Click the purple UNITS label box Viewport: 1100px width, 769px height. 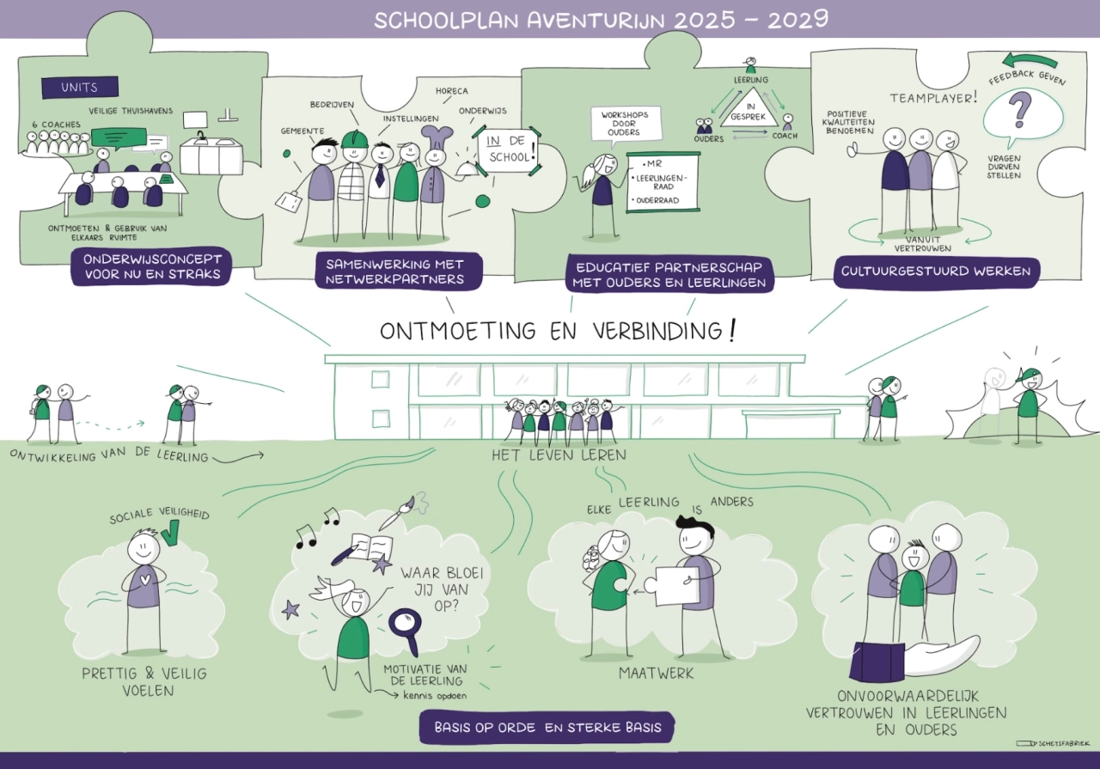coord(80,88)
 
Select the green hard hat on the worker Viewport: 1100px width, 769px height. coord(355,139)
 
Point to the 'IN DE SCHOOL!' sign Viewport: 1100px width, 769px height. coord(508,150)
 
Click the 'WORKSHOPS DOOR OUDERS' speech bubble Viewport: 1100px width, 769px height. coord(625,125)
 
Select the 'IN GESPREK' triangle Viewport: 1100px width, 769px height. coord(749,108)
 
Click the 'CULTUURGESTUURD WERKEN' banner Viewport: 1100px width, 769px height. coord(936,272)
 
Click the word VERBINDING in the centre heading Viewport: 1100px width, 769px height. coord(658,331)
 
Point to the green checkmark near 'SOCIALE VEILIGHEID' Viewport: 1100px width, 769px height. coord(171,534)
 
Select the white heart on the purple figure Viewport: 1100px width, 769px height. coord(144,579)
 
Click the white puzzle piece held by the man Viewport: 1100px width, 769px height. coord(671,586)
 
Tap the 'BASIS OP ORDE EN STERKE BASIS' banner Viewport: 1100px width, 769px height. coord(547,728)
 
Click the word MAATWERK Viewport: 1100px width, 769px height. coord(657,674)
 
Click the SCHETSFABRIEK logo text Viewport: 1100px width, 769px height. coord(1064,744)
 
